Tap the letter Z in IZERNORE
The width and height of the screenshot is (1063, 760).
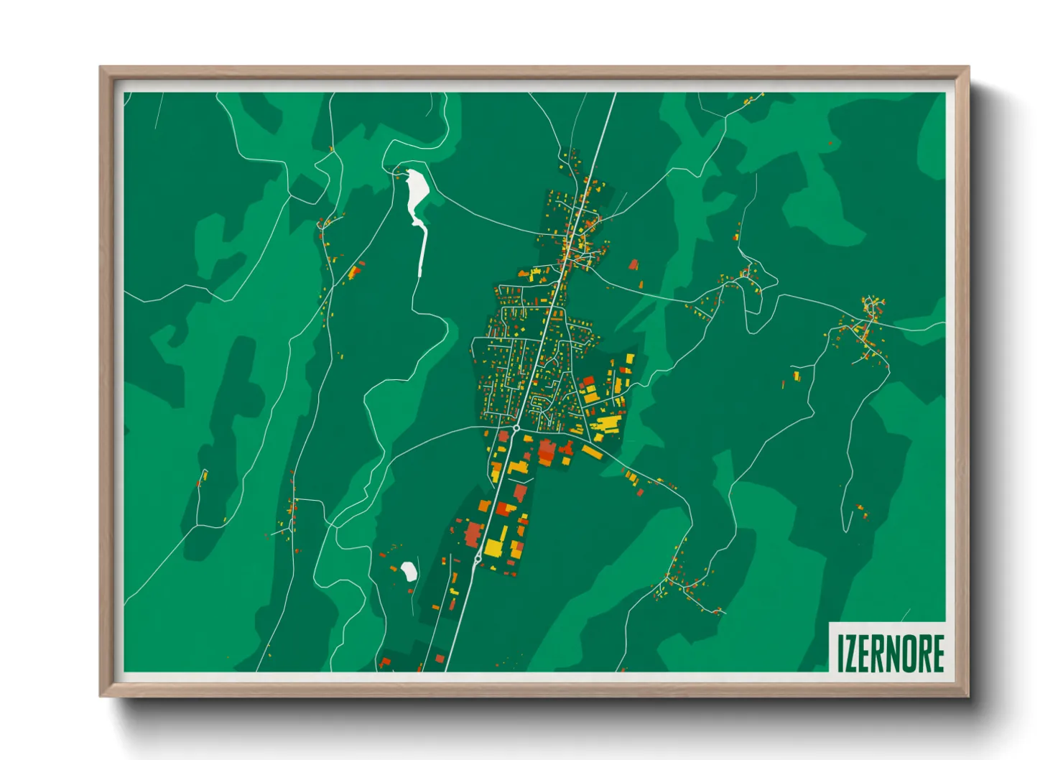pyautogui.click(x=852, y=653)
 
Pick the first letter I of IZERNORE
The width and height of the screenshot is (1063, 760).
pyautogui.click(x=841, y=653)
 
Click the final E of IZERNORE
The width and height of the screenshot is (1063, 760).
pyautogui.click(x=937, y=653)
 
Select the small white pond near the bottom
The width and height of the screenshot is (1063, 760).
pyautogui.click(x=409, y=571)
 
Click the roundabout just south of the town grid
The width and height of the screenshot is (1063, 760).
pyautogui.click(x=516, y=428)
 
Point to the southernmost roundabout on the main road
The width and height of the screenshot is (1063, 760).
pyautogui.click(x=478, y=558)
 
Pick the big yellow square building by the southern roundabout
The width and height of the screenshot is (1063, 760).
pyautogui.click(x=494, y=544)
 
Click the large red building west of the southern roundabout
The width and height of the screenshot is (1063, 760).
pyautogui.click(x=473, y=533)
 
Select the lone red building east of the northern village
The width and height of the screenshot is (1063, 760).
pyautogui.click(x=633, y=265)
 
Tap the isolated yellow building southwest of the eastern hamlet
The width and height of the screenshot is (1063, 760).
pyautogui.click(x=796, y=376)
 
